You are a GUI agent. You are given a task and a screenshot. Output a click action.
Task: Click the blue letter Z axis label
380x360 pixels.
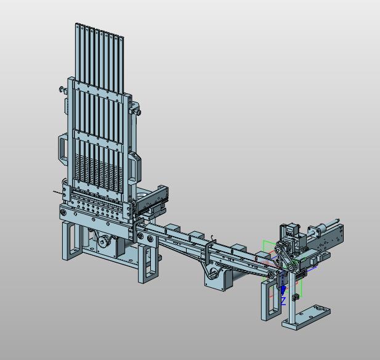click(283, 301)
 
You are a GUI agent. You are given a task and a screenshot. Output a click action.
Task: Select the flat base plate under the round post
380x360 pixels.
click(306, 317)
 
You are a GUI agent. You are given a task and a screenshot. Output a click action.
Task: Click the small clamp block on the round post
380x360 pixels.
click(295, 297)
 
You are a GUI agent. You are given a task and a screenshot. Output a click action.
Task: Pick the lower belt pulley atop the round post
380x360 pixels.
click(291, 267)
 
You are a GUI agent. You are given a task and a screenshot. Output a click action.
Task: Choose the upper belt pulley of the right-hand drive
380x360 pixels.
click(278, 249)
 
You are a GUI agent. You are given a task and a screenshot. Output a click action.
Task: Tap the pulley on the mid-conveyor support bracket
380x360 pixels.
click(214, 272)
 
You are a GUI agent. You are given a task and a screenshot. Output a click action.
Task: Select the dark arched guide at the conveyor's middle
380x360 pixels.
click(209, 252)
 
